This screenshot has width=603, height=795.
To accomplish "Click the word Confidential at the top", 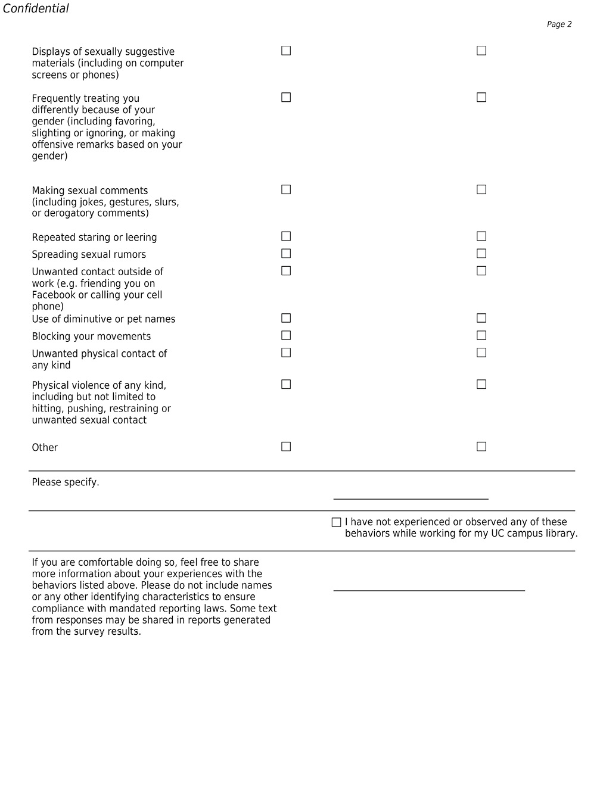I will (x=36, y=8).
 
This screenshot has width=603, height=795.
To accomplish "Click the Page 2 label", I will (x=559, y=24).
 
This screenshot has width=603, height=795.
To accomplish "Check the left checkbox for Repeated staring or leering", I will (x=286, y=236).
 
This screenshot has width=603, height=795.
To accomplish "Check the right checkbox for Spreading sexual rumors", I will (x=481, y=254).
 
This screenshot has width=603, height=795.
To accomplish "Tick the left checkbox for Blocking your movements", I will (x=286, y=336).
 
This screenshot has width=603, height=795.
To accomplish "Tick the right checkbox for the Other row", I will (x=481, y=447).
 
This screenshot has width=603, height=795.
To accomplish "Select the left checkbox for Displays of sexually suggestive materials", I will (x=286, y=51).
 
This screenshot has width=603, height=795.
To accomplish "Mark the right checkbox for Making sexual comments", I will (x=481, y=190).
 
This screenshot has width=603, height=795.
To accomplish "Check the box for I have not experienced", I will (x=336, y=522).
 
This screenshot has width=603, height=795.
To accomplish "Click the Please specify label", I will (x=66, y=482).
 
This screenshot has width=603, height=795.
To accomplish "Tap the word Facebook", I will (x=54, y=295).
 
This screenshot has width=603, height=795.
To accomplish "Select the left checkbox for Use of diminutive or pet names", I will (x=286, y=319).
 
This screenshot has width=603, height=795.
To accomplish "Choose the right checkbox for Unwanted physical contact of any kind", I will (x=481, y=353).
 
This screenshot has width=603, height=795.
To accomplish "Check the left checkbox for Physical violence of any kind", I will (x=286, y=385).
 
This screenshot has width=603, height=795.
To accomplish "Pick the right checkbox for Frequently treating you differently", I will (x=481, y=98).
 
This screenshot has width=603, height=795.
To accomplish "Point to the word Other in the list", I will (x=45, y=448).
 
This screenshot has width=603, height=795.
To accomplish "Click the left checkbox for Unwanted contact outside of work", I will (x=286, y=271).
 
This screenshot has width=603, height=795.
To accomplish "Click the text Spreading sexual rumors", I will (x=89, y=255).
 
